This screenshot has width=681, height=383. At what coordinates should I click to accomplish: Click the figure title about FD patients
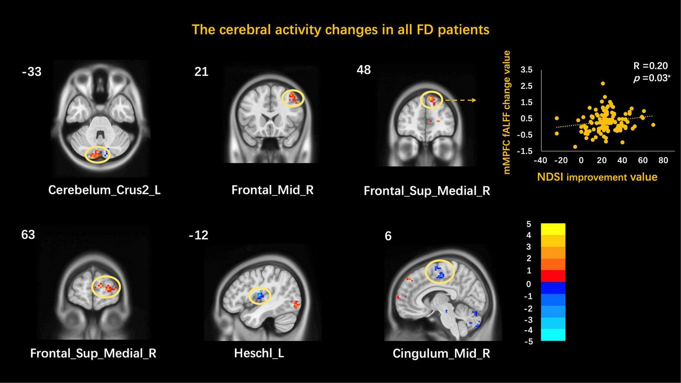(x=340, y=30)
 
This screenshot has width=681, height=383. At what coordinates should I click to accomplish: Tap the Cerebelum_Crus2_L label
(x=104, y=190)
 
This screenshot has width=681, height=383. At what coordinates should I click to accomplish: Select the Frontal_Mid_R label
(x=272, y=190)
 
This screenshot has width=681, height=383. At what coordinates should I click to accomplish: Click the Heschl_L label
(x=259, y=353)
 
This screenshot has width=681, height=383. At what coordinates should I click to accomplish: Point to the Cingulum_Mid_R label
(x=441, y=353)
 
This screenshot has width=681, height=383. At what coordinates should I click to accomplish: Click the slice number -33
(x=32, y=72)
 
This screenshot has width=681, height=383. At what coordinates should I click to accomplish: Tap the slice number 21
(x=201, y=72)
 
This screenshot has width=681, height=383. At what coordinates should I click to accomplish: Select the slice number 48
(x=364, y=70)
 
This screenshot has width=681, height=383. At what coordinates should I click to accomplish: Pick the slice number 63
(x=28, y=235)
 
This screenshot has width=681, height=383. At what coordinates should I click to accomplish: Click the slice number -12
(x=199, y=235)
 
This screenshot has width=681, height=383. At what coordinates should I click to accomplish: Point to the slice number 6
(x=388, y=236)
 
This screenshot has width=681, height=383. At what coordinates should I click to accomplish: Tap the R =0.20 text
(x=651, y=66)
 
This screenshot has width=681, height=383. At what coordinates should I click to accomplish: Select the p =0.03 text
(x=652, y=78)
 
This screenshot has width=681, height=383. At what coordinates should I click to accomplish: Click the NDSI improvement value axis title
(x=597, y=177)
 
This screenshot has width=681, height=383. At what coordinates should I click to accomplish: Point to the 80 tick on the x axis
(x=663, y=160)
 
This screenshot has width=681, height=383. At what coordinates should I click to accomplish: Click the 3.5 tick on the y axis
(x=527, y=70)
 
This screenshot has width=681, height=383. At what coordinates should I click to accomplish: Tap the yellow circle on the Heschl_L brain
(x=259, y=296)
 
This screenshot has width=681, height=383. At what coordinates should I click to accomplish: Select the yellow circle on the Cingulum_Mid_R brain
(x=440, y=272)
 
